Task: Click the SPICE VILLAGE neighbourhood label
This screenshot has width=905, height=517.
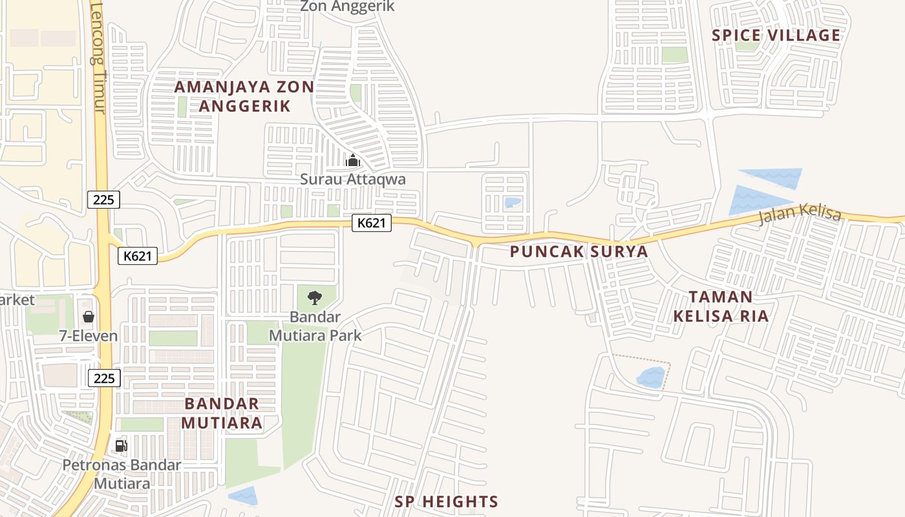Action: point(776,35)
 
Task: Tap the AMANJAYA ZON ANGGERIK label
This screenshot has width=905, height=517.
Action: point(244,96)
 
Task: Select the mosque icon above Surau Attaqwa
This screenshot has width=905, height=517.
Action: point(353,160)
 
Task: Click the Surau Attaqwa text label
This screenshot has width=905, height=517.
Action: point(353,179)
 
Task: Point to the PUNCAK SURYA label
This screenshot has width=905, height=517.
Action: point(579,251)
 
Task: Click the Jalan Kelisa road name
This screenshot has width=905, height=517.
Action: point(800,213)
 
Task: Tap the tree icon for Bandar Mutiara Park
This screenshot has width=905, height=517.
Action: point(314,298)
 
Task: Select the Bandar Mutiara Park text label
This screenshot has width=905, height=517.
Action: point(315,326)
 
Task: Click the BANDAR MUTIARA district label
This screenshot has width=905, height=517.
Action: point(222,413)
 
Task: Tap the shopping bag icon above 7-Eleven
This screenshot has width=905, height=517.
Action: point(88,317)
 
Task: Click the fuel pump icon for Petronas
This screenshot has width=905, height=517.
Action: point(121,445)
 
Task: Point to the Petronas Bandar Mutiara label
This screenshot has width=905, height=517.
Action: point(122,474)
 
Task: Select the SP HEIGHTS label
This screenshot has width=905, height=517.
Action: point(447,501)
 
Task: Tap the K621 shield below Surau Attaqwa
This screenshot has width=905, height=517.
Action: point(372,224)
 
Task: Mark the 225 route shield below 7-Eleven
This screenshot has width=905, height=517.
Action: point(104,378)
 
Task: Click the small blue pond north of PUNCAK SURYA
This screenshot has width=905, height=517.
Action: point(512,203)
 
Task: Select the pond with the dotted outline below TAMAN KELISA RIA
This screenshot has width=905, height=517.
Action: point(651,377)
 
